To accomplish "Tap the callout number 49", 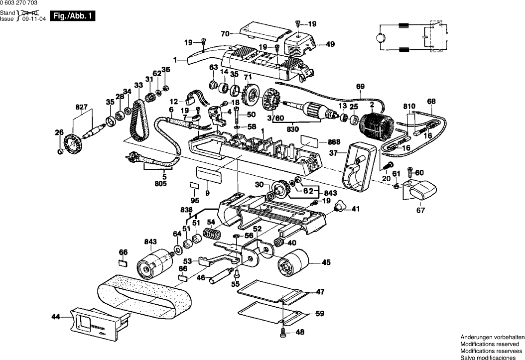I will pyautogui.click(x=330, y=44).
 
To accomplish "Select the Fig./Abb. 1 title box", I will pyautogui.click(x=72, y=16).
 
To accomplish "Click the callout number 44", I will pyautogui.click(x=55, y=316).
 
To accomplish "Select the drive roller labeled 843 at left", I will pyautogui.click(x=153, y=262).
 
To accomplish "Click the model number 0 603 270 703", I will pyautogui.click(x=18, y=3).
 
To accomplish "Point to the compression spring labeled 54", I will pyautogui.click(x=212, y=232).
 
